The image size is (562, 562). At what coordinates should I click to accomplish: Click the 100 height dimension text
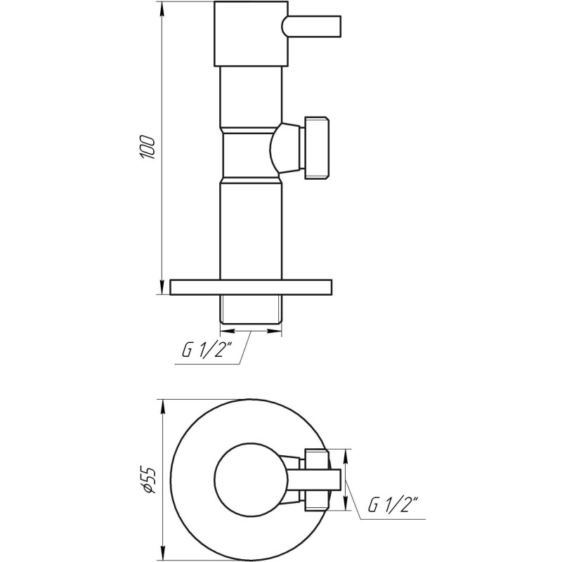147,148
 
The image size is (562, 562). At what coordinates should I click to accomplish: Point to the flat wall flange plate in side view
251,288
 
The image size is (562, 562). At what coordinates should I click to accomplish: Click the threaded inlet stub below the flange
251,311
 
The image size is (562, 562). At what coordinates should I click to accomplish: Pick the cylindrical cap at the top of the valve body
251,34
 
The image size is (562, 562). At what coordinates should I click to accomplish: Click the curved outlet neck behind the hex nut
285,148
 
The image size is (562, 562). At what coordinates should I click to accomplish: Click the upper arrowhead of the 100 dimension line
163,8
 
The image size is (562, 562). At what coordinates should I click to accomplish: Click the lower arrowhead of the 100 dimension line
163,289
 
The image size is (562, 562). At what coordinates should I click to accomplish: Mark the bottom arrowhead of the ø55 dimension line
163,550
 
